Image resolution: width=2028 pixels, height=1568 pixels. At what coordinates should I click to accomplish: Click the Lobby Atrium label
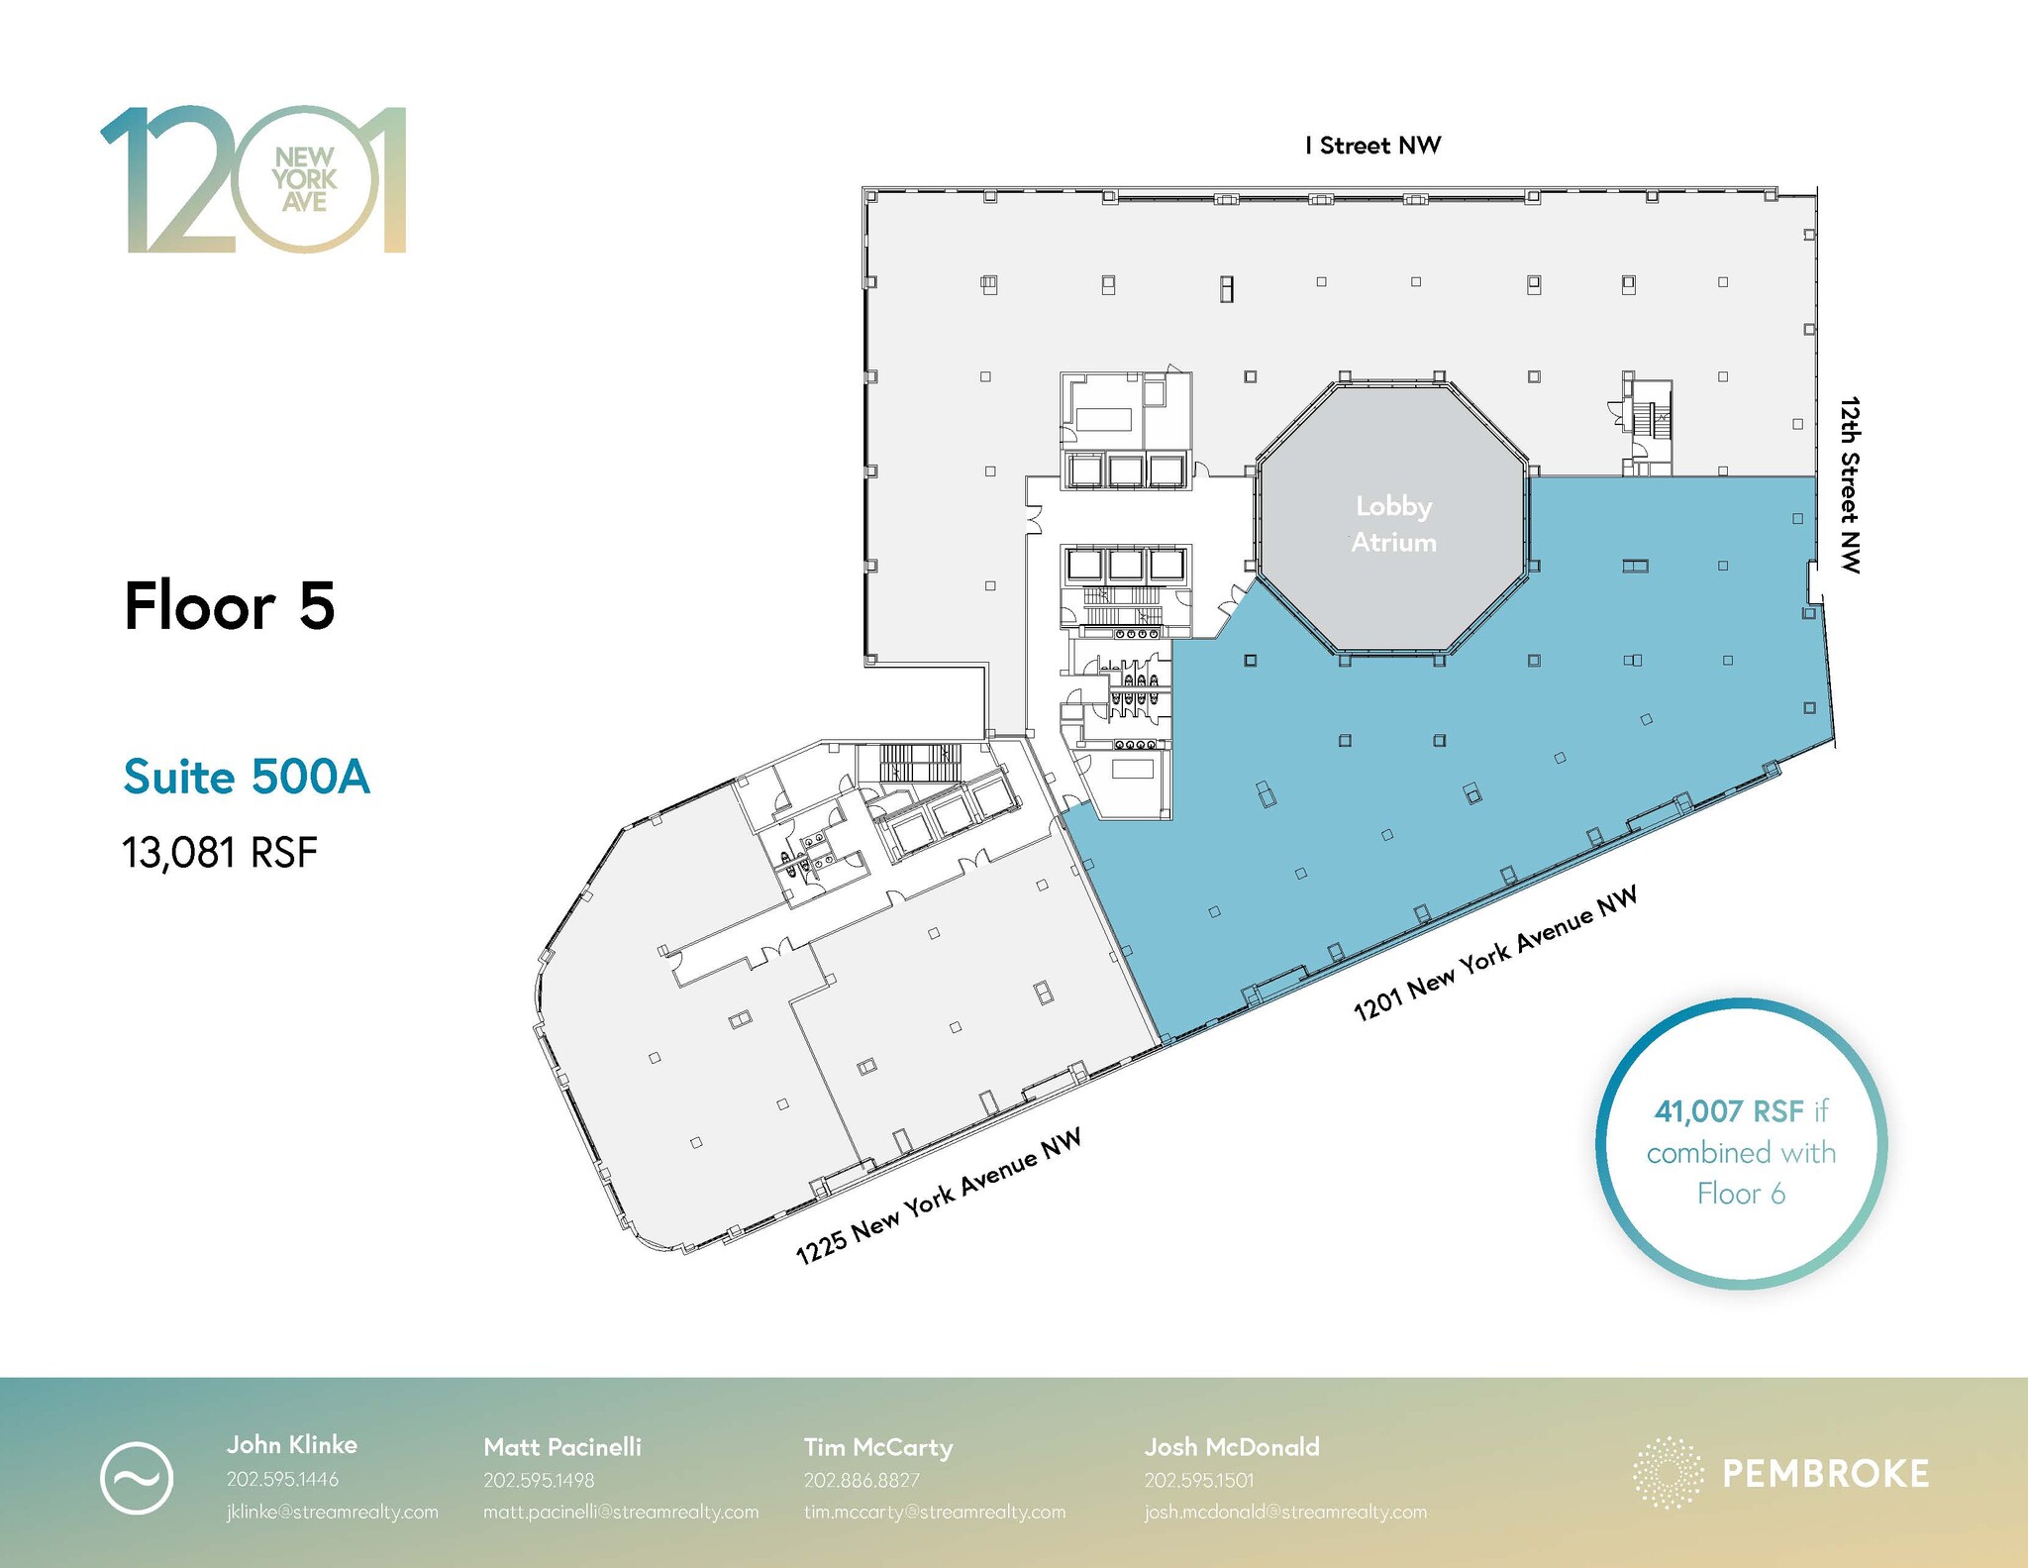coord(1393,524)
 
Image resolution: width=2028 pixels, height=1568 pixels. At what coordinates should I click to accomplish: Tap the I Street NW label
coord(1372,146)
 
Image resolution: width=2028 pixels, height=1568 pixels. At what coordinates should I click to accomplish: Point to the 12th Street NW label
coord(1850,484)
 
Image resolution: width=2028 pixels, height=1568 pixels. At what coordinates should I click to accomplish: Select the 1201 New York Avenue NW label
coord(1495,953)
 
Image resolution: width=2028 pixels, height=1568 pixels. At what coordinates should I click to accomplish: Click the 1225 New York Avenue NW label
coord(938,1196)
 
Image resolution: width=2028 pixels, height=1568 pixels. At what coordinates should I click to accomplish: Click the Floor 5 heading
coord(230,605)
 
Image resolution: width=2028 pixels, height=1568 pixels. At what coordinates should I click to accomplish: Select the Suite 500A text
coord(247,777)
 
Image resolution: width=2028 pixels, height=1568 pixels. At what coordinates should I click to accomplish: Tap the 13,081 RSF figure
coord(220,852)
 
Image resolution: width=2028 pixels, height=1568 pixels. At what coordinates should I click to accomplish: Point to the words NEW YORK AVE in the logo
coord(305,179)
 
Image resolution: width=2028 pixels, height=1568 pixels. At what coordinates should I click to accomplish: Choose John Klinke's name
coord(292,1444)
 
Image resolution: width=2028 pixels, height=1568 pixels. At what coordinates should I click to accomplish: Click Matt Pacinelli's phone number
coord(539,1480)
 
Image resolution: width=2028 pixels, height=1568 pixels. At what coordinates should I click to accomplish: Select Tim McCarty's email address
coord(935,1512)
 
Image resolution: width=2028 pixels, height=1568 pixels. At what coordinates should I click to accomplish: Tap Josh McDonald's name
coord(1232,1446)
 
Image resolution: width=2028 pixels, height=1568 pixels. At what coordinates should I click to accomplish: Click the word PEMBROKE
coord(1826,1473)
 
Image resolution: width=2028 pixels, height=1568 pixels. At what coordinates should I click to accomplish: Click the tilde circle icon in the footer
coord(137,1477)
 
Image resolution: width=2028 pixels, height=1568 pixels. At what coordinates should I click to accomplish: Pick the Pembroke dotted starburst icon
coord(1668,1473)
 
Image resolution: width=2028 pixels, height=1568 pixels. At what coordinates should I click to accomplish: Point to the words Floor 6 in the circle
coord(1741,1194)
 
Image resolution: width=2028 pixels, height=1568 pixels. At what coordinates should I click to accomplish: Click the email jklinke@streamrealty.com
coord(333,1512)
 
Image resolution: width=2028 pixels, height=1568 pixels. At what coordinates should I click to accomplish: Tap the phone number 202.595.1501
coord(1199,1480)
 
